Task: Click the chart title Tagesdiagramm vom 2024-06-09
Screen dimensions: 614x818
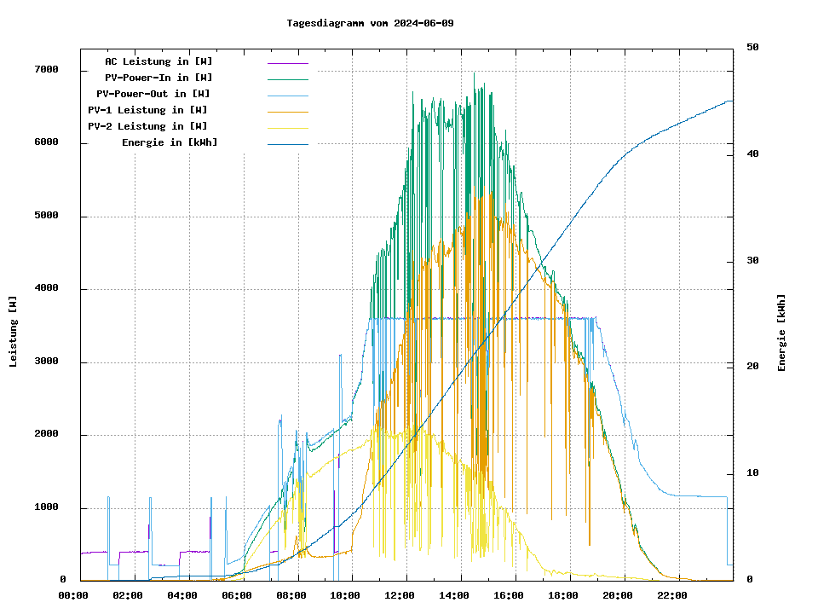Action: click(x=370, y=23)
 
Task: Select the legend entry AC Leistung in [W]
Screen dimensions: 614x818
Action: click(x=158, y=61)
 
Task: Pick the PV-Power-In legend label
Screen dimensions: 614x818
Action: click(x=164, y=78)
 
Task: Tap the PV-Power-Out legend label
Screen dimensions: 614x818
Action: click(x=153, y=94)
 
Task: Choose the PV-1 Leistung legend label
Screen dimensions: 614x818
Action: click(x=147, y=110)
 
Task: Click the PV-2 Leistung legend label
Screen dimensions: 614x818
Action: click(x=147, y=126)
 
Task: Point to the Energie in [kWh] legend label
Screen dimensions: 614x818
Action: click(x=170, y=142)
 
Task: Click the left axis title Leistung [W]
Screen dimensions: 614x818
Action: click(x=14, y=332)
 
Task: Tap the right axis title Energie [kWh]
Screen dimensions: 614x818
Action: click(x=781, y=333)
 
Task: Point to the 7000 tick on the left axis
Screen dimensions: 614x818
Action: click(x=46, y=70)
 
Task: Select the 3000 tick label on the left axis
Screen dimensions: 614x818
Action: click(x=46, y=362)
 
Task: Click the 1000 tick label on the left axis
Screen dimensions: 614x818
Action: click(x=46, y=508)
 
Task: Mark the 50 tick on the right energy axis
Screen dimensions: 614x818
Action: click(x=752, y=48)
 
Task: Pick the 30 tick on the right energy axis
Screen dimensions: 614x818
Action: click(x=752, y=261)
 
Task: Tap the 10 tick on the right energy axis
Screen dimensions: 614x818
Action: click(x=752, y=473)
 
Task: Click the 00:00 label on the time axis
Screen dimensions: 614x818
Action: click(x=73, y=595)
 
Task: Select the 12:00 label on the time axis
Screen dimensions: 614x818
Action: click(x=400, y=595)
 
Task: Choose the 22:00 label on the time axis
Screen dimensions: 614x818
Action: click(x=672, y=595)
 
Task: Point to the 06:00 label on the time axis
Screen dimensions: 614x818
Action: click(x=237, y=595)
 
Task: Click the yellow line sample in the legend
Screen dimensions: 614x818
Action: click(x=288, y=127)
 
